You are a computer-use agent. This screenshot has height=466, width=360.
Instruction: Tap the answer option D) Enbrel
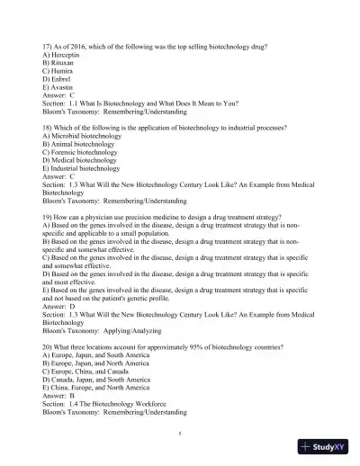pyautogui.click(x=58, y=85)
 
